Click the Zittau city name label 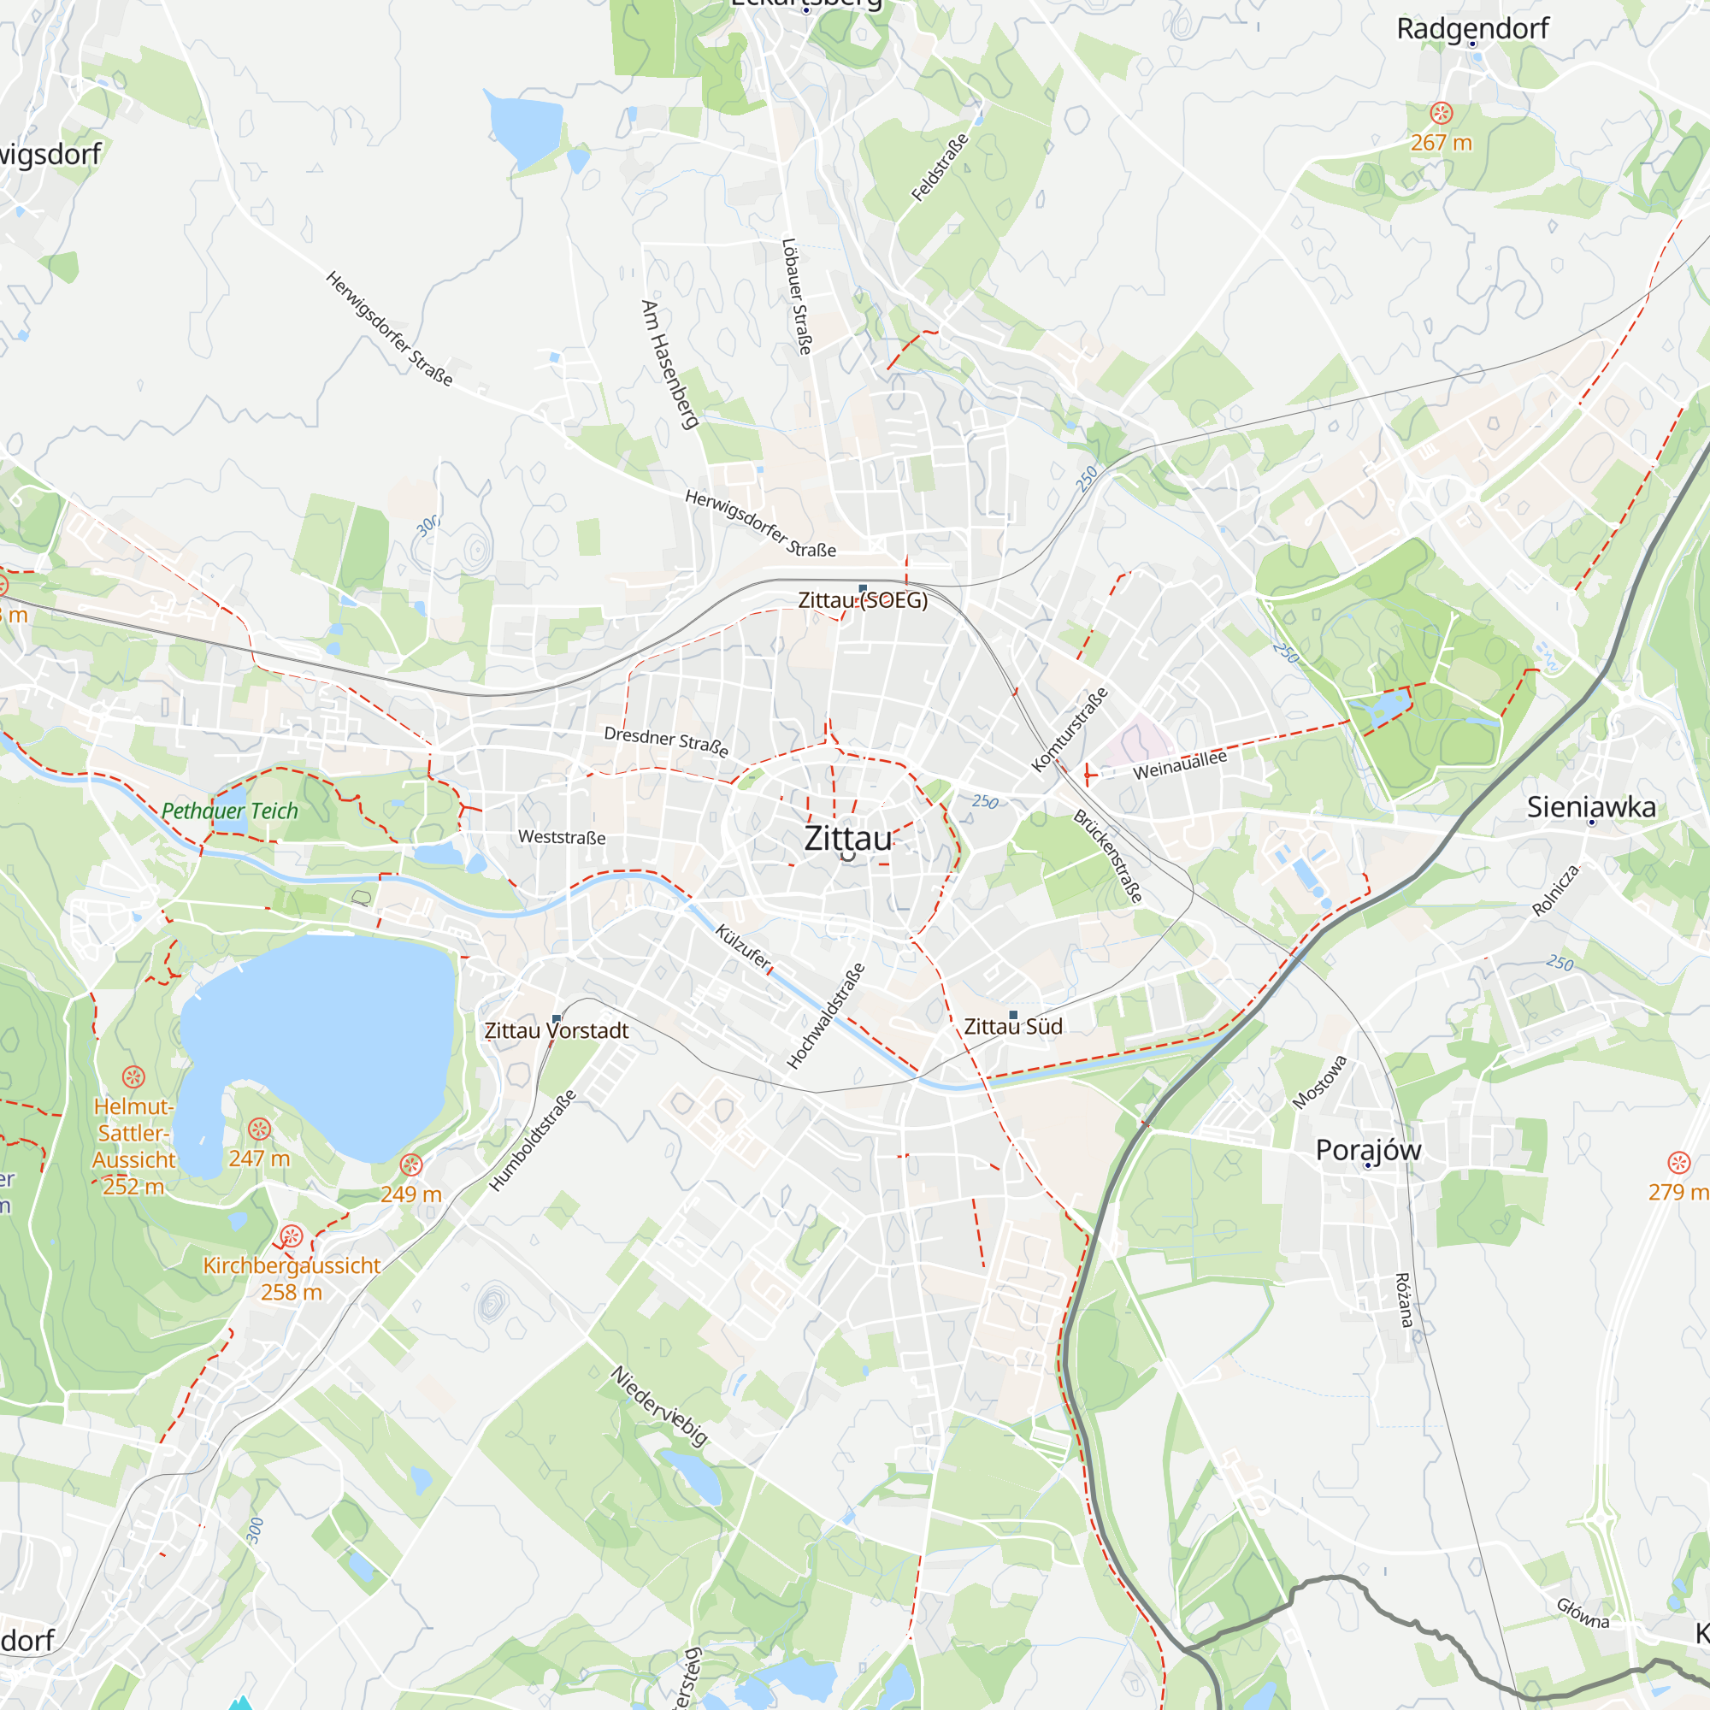(848, 838)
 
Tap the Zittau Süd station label (1012, 1027)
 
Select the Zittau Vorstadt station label (556, 1030)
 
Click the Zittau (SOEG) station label (863, 600)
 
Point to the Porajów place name (1367, 1150)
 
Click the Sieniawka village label (1590, 806)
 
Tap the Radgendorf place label (1472, 28)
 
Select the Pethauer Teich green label (229, 811)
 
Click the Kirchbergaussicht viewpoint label (292, 1265)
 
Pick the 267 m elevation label (1441, 143)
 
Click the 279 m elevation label (1678, 1191)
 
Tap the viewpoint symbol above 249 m (410, 1165)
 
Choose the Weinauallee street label (1180, 764)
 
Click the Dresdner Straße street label (665, 740)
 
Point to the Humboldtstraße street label (533, 1140)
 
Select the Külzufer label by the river (743, 947)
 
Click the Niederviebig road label (659, 1406)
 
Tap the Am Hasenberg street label (669, 365)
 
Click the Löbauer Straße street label (797, 296)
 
